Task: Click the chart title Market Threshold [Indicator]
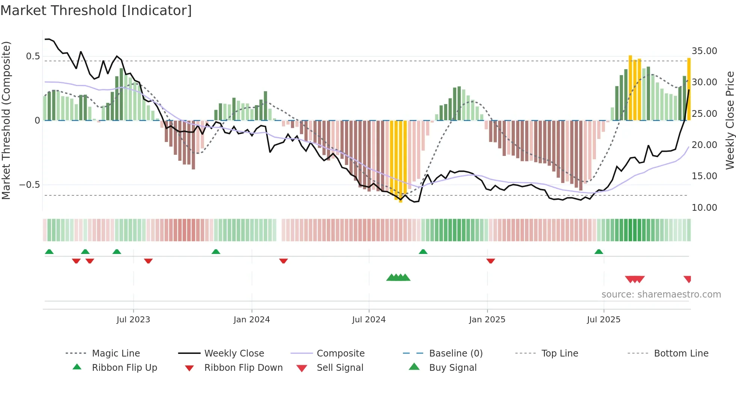pyautogui.click(x=96, y=11)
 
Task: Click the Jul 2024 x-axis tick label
pyautogui.click(x=369, y=319)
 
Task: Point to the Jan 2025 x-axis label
pyautogui.click(x=487, y=319)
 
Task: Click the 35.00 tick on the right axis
pyautogui.click(x=704, y=51)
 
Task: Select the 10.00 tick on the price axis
pyautogui.click(x=704, y=207)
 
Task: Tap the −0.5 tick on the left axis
pyautogui.click(x=29, y=184)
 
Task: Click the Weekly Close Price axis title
pyautogui.click(x=729, y=120)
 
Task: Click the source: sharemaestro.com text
pyautogui.click(x=661, y=294)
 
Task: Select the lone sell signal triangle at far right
pyautogui.click(x=688, y=279)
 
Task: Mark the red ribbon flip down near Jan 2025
pyautogui.click(x=490, y=261)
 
